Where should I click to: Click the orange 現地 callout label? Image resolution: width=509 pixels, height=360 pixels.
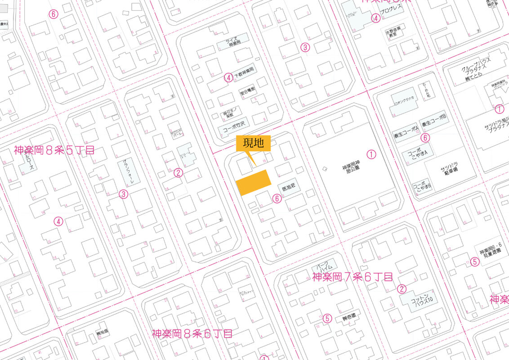pos(253,144)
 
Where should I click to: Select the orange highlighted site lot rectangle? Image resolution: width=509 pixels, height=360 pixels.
pos(254,183)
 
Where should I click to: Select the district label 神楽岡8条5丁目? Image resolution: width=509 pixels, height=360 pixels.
pos(54,150)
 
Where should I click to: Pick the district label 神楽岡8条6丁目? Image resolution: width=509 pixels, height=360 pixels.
pos(192,334)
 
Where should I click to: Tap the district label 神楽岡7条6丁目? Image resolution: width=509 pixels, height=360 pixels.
pos(352,277)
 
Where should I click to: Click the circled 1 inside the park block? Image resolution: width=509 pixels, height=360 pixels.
pos(371,154)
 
